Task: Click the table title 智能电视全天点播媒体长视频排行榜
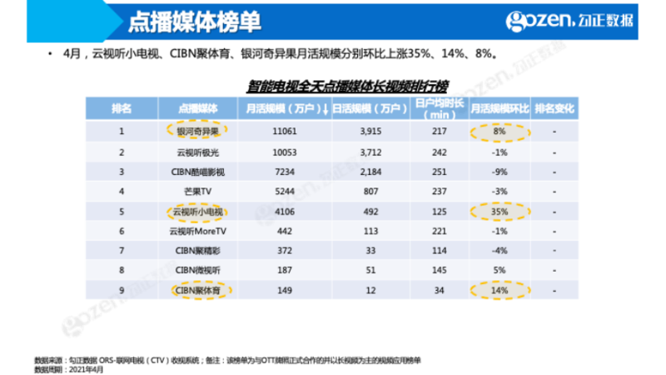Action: pos(348,85)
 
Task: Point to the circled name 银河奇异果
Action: pos(197,131)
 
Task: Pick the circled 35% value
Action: pos(499,211)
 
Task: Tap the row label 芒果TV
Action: pos(197,191)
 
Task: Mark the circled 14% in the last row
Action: pos(499,291)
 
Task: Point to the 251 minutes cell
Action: pos(440,171)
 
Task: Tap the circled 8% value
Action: pos(499,131)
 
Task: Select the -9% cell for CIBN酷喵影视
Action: pos(499,171)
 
